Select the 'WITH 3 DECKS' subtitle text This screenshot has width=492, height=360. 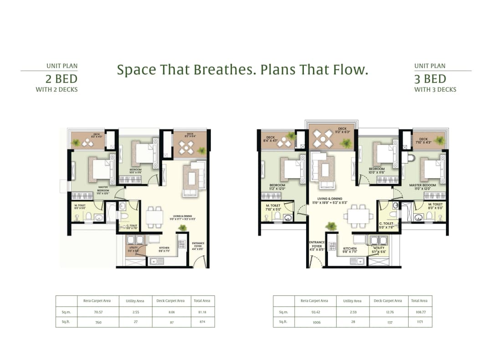435,90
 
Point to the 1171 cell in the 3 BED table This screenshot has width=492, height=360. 419,322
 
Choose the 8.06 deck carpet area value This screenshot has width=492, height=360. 171,312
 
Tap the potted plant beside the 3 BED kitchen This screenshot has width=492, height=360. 331,226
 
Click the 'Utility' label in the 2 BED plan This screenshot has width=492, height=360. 133,249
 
